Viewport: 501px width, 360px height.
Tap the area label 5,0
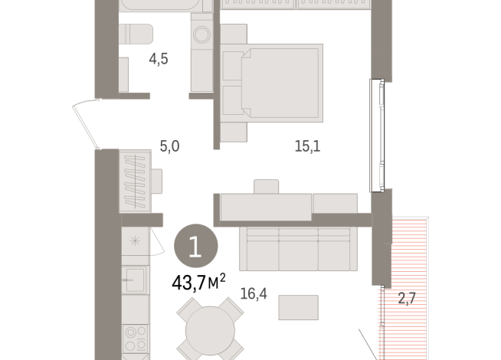click(169, 146)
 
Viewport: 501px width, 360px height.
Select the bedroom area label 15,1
click(307, 146)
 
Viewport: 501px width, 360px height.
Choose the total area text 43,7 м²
click(197, 283)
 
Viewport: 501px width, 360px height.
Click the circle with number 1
click(196, 246)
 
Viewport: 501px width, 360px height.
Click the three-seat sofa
click(299, 248)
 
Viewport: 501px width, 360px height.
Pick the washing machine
click(204, 35)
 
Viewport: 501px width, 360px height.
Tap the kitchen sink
click(136, 280)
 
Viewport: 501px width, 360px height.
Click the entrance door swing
click(86, 126)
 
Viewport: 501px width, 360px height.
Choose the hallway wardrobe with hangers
click(135, 179)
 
